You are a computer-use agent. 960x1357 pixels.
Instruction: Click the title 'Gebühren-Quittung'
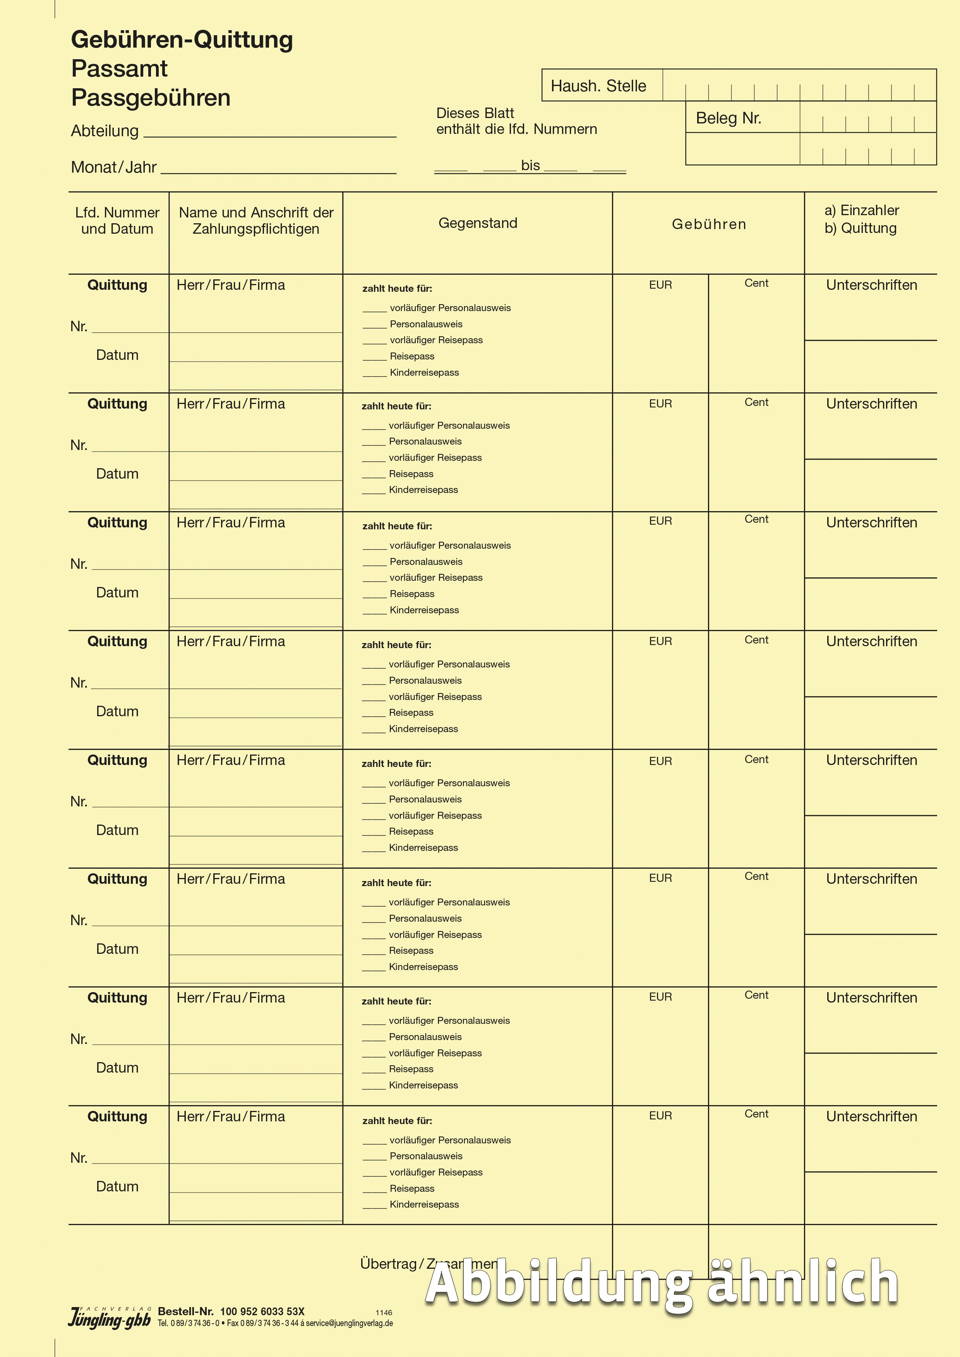point(182,39)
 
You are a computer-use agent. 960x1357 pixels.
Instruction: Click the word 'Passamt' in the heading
point(119,68)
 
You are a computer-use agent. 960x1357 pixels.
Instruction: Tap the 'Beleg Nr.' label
point(728,118)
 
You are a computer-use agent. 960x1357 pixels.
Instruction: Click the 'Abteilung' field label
point(105,131)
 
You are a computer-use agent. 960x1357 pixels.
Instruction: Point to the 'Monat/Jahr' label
point(113,167)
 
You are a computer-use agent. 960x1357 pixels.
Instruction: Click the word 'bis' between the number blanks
point(530,166)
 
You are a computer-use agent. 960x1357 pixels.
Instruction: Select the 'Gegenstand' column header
point(478,223)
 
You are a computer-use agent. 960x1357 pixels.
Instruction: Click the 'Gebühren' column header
point(709,224)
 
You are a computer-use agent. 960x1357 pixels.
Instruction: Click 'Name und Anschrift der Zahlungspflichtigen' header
point(256,221)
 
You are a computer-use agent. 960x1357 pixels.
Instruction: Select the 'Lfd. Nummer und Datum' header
point(117,221)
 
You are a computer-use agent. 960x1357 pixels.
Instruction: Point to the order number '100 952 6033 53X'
point(262,1311)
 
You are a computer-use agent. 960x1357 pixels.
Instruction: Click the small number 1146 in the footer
point(384,1312)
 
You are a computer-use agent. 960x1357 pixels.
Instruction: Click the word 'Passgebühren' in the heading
point(151,98)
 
